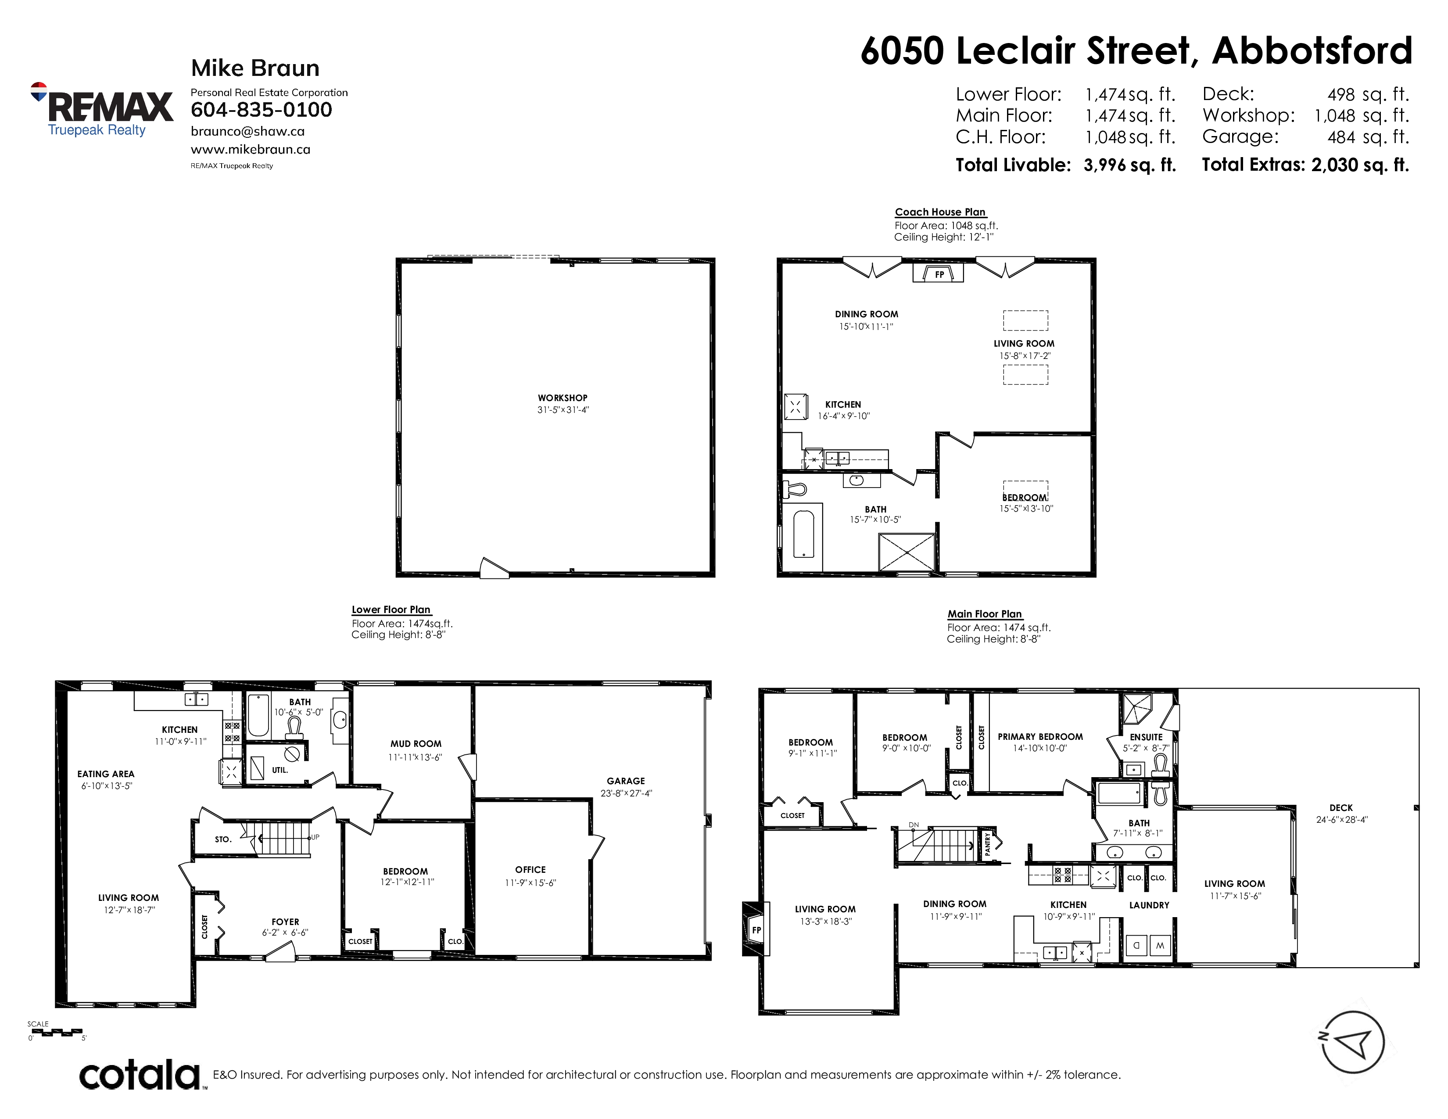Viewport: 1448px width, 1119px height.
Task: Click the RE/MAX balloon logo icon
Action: (x=39, y=91)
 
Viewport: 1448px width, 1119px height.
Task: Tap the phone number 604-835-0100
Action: (x=261, y=110)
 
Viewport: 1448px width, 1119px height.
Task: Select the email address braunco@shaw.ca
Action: (x=247, y=131)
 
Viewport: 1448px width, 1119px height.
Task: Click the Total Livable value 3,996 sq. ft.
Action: (x=1130, y=165)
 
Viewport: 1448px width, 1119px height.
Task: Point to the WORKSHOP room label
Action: (x=562, y=398)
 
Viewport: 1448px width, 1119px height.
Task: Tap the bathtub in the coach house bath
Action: (x=803, y=534)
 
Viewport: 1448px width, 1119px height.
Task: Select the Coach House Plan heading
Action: (x=940, y=212)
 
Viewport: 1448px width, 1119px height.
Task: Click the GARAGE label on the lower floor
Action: (x=626, y=781)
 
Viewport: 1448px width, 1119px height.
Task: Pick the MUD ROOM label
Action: (x=416, y=744)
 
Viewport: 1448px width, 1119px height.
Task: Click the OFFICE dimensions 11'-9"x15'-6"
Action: (x=530, y=882)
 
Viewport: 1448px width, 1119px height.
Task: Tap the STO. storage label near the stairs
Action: (x=223, y=839)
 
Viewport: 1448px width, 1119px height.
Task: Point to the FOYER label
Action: (x=285, y=922)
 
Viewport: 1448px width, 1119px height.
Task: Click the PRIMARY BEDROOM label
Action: (x=1040, y=736)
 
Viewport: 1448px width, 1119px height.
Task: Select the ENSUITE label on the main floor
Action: (x=1146, y=737)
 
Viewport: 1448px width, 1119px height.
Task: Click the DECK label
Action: (x=1340, y=808)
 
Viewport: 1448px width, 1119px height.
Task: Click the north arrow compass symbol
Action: (x=1351, y=1042)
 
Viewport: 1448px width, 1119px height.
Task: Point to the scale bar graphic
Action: (x=56, y=1032)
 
